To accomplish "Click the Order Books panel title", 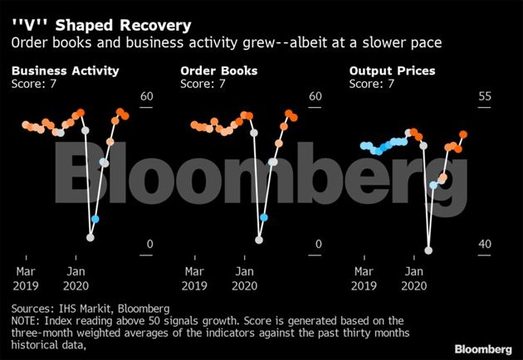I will (x=218, y=71).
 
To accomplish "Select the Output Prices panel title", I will (x=392, y=71).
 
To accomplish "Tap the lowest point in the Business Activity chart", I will (x=90, y=237).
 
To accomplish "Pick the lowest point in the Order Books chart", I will (x=258, y=240).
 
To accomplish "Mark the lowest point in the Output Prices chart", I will (x=428, y=249).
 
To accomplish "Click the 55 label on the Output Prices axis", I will (x=485, y=97).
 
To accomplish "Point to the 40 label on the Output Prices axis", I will (x=485, y=244).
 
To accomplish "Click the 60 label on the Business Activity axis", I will (x=147, y=97).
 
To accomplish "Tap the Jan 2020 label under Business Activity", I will (x=76, y=278).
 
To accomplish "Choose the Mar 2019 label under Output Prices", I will (x=364, y=278).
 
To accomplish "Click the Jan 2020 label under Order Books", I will (x=245, y=278).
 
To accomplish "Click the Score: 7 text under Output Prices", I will (x=372, y=84).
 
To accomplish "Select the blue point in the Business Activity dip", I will (x=95, y=219).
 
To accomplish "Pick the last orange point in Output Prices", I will (x=463, y=134).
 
